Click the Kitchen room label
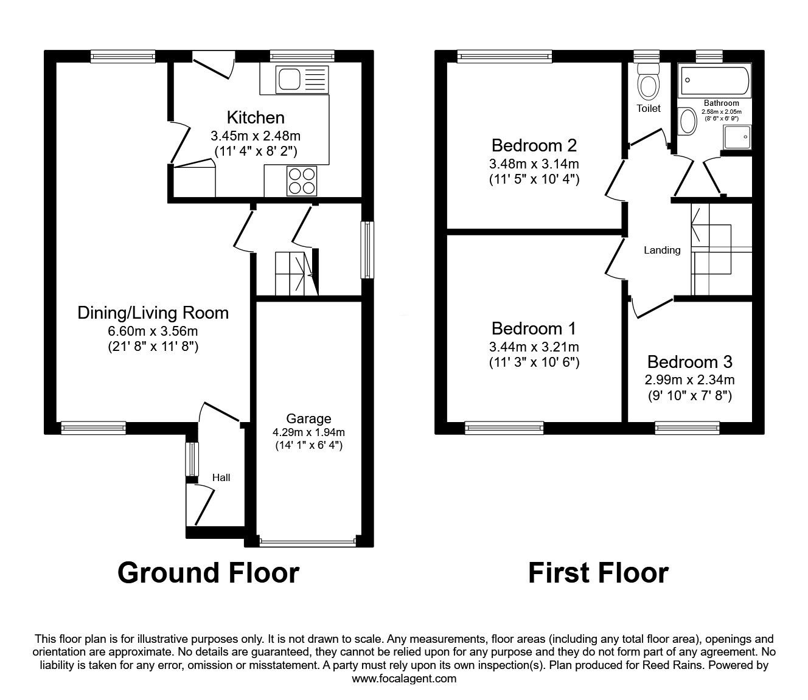[x=256, y=117]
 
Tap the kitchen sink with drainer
[x=302, y=79]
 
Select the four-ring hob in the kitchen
[x=301, y=181]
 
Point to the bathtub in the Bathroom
[x=714, y=81]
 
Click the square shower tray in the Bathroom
[x=737, y=137]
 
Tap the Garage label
[x=308, y=418]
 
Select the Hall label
[x=221, y=477]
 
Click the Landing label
[x=662, y=250]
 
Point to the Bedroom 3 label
[x=689, y=362]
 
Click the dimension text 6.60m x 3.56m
[x=153, y=331]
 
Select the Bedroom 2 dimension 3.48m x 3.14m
[x=534, y=164]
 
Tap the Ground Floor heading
[x=208, y=573]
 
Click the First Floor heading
[x=599, y=573]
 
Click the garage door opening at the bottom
[x=307, y=542]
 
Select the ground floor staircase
[x=297, y=274]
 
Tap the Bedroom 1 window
[x=504, y=428]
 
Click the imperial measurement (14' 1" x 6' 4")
[x=309, y=445]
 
